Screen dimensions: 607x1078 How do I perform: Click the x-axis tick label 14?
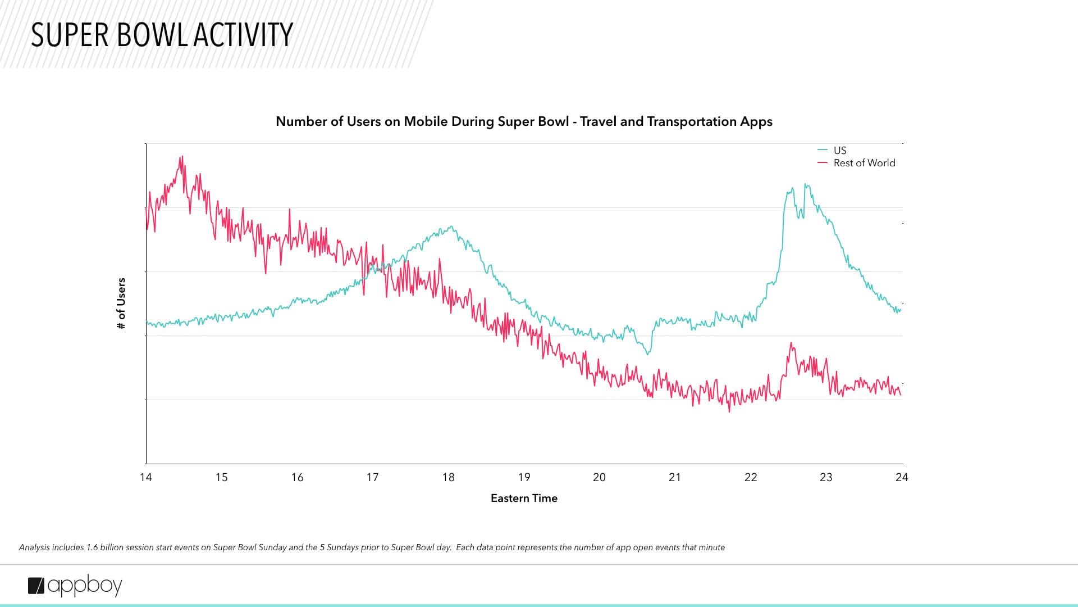point(146,477)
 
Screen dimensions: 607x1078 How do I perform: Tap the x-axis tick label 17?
point(372,477)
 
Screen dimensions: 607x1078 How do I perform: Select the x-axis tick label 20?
point(599,477)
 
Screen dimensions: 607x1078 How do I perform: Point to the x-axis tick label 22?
point(751,477)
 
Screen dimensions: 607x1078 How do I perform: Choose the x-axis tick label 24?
point(902,477)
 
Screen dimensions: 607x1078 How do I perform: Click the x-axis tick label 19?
point(524,477)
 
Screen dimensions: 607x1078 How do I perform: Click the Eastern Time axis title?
point(524,498)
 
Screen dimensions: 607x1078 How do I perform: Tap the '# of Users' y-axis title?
point(121,303)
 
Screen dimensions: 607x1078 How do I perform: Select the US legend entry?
point(839,150)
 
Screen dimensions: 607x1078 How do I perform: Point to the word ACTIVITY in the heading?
point(243,35)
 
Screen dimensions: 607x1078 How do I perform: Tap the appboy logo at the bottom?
point(75,586)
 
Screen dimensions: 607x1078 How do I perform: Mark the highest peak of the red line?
point(182,157)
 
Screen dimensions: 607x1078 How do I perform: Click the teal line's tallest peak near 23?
point(806,184)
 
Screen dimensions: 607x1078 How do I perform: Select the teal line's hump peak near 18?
point(451,227)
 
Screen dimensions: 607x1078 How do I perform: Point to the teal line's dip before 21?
point(648,354)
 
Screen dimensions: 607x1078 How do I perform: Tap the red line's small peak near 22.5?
point(792,343)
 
